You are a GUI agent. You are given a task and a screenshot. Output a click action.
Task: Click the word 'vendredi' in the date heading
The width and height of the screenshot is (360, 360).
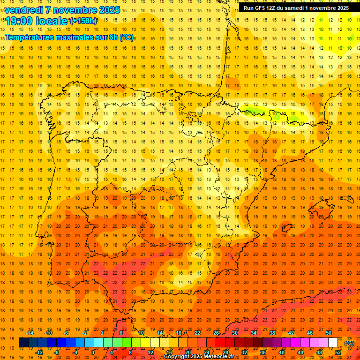pyautogui.click(x=23, y=10)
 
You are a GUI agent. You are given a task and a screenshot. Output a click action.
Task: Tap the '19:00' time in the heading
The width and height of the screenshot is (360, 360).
pyautogui.click(x=20, y=21)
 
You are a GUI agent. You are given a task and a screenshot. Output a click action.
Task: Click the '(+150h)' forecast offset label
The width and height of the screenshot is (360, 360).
pyautogui.click(x=83, y=21)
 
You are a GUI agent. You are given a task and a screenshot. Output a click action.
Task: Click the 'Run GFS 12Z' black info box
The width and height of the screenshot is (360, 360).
pyautogui.click(x=296, y=7)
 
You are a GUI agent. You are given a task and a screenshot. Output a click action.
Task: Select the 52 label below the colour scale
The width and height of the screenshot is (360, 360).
pyautogui.click(x=338, y=352)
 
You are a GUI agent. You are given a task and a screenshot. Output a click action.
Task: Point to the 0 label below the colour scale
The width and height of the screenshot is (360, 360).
pyautogui.click(x=93, y=352)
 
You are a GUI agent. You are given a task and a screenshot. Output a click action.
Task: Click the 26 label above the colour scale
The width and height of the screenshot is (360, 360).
pyautogui.click(x=216, y=333)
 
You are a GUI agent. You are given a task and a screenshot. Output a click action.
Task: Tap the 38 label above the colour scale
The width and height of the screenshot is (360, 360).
pyautogui.click(x=272, y=333)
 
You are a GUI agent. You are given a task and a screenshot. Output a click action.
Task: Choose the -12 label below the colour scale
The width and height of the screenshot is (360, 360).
pyautogui.click(x=39, y=352)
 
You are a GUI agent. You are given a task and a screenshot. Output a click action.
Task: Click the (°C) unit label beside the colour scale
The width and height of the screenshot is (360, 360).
pyautogui.click(x=349, y=344)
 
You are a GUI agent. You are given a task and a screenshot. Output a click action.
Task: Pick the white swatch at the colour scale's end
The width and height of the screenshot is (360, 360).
pyautogui.click(x=333, y=343)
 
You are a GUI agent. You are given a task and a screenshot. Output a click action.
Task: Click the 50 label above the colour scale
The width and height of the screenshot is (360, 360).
pyautogui.click(x=329, y=333)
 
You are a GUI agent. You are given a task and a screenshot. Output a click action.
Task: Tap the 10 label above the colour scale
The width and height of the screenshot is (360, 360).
pyautogui.click(x=141, y=333)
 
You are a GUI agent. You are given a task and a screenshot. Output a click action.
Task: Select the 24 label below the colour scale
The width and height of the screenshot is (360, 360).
pyautogui.click(x=207, y=352)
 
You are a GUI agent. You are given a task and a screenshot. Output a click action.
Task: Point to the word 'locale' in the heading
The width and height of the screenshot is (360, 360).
pyautogui.click(x=53, y=21)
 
